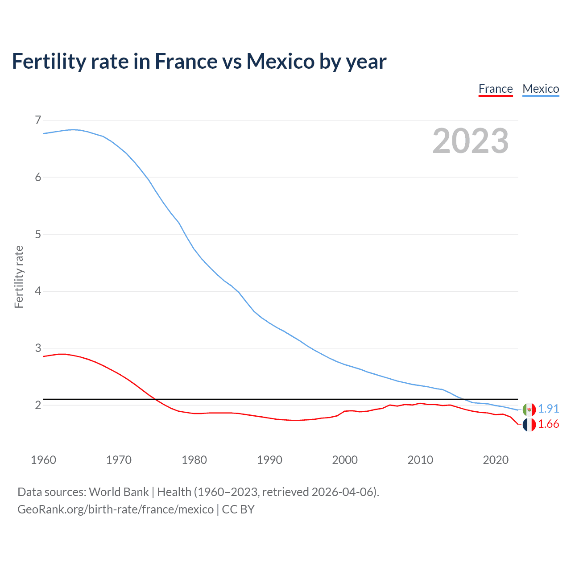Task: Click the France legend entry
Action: [495, 89]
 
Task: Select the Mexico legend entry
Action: [541, 89]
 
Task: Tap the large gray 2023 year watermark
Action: [470, 141]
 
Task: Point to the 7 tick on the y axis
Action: [38, 120]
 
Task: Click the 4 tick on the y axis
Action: [38, 291]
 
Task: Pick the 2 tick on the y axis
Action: [38, 405]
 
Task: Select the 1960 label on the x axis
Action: [43, 460]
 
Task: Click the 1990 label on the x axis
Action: [269, 460]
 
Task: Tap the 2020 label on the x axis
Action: [496, 460]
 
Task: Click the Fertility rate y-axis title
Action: [19, 277]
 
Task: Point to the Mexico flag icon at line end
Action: [529, 409]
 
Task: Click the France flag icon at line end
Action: [529, 425]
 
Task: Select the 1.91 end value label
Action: [548, 409]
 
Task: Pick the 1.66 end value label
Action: [548, 424]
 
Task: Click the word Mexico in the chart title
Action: [281, 62]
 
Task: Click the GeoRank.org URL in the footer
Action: [115, 509]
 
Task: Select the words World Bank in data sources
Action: [119, 492]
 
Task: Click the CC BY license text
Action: [238, 509]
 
